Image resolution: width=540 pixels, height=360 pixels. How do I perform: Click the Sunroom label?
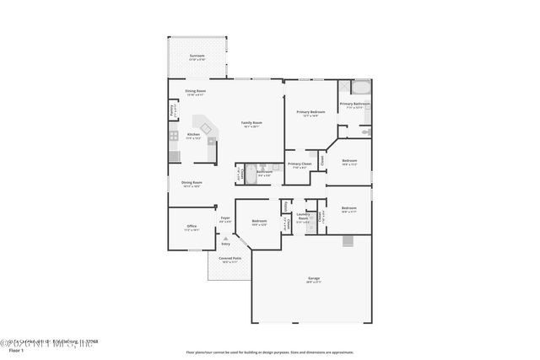click(197, 56)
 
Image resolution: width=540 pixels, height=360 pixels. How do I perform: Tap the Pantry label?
click(173, 110)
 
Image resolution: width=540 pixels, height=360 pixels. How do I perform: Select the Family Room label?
click(251, 124)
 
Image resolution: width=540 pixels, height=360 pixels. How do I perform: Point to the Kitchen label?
click(193, 135)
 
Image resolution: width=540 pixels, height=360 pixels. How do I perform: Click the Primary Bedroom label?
click(310, 113)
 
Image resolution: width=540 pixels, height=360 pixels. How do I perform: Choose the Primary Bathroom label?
click(355, 105)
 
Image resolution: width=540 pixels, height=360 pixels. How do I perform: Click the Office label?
click(192, 227)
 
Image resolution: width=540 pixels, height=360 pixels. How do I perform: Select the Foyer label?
click(225, 219)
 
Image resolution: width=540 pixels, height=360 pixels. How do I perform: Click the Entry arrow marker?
click(225, 239)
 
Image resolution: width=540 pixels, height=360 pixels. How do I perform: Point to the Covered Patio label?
click(230, 259)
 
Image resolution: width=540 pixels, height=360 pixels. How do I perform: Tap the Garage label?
click(312, 278)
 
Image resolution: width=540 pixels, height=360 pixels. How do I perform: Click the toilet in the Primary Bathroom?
click(365, 132)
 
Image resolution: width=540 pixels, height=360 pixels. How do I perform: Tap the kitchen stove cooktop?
click(173, 135)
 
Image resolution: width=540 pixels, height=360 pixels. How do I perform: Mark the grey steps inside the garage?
click(348, 241)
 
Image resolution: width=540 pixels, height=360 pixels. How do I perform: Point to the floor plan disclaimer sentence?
click(269, 352)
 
